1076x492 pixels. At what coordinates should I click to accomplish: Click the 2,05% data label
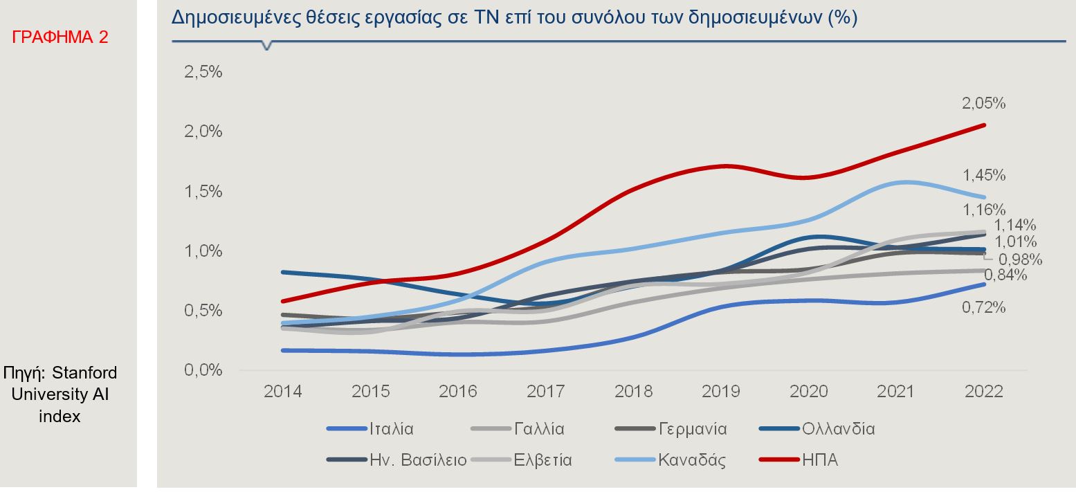(x=983, y=104)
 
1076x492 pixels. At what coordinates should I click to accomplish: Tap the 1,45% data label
(x=983, y=175)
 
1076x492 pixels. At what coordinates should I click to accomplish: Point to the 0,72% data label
(x=983, y=308)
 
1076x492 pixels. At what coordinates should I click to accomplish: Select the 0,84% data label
(x=1005, y=275)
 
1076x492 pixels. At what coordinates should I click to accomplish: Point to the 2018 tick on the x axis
(x=633, y=392)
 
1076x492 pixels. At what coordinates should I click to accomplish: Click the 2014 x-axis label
(x=282, y=392)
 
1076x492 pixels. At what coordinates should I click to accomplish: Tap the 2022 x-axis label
(x=984, y=392)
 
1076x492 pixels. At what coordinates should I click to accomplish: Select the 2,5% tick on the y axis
(x=203, y=72)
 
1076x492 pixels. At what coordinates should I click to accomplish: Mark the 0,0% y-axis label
(x=203, y=371)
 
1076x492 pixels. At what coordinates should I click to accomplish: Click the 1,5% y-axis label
(x=203, y=192)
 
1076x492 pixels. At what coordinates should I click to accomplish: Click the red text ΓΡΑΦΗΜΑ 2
(x=60, y=37)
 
